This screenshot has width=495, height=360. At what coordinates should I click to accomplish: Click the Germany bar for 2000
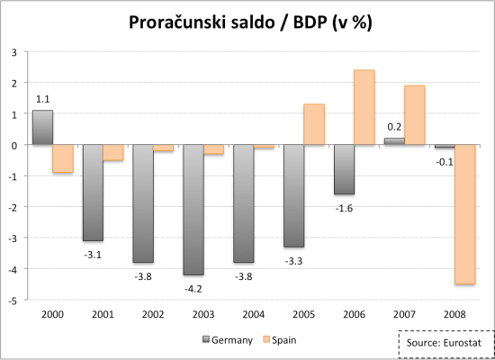42,127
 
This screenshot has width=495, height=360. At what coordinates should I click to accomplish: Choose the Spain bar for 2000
62,158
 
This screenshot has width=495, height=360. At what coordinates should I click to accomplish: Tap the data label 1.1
42,98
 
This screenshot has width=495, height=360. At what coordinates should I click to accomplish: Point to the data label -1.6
344,208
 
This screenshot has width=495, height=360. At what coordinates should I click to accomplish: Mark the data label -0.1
444,162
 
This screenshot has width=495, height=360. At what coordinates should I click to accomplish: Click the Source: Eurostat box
442,343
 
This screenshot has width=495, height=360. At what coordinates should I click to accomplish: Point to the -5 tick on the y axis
13,300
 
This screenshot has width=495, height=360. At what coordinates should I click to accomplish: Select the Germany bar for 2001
93,193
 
